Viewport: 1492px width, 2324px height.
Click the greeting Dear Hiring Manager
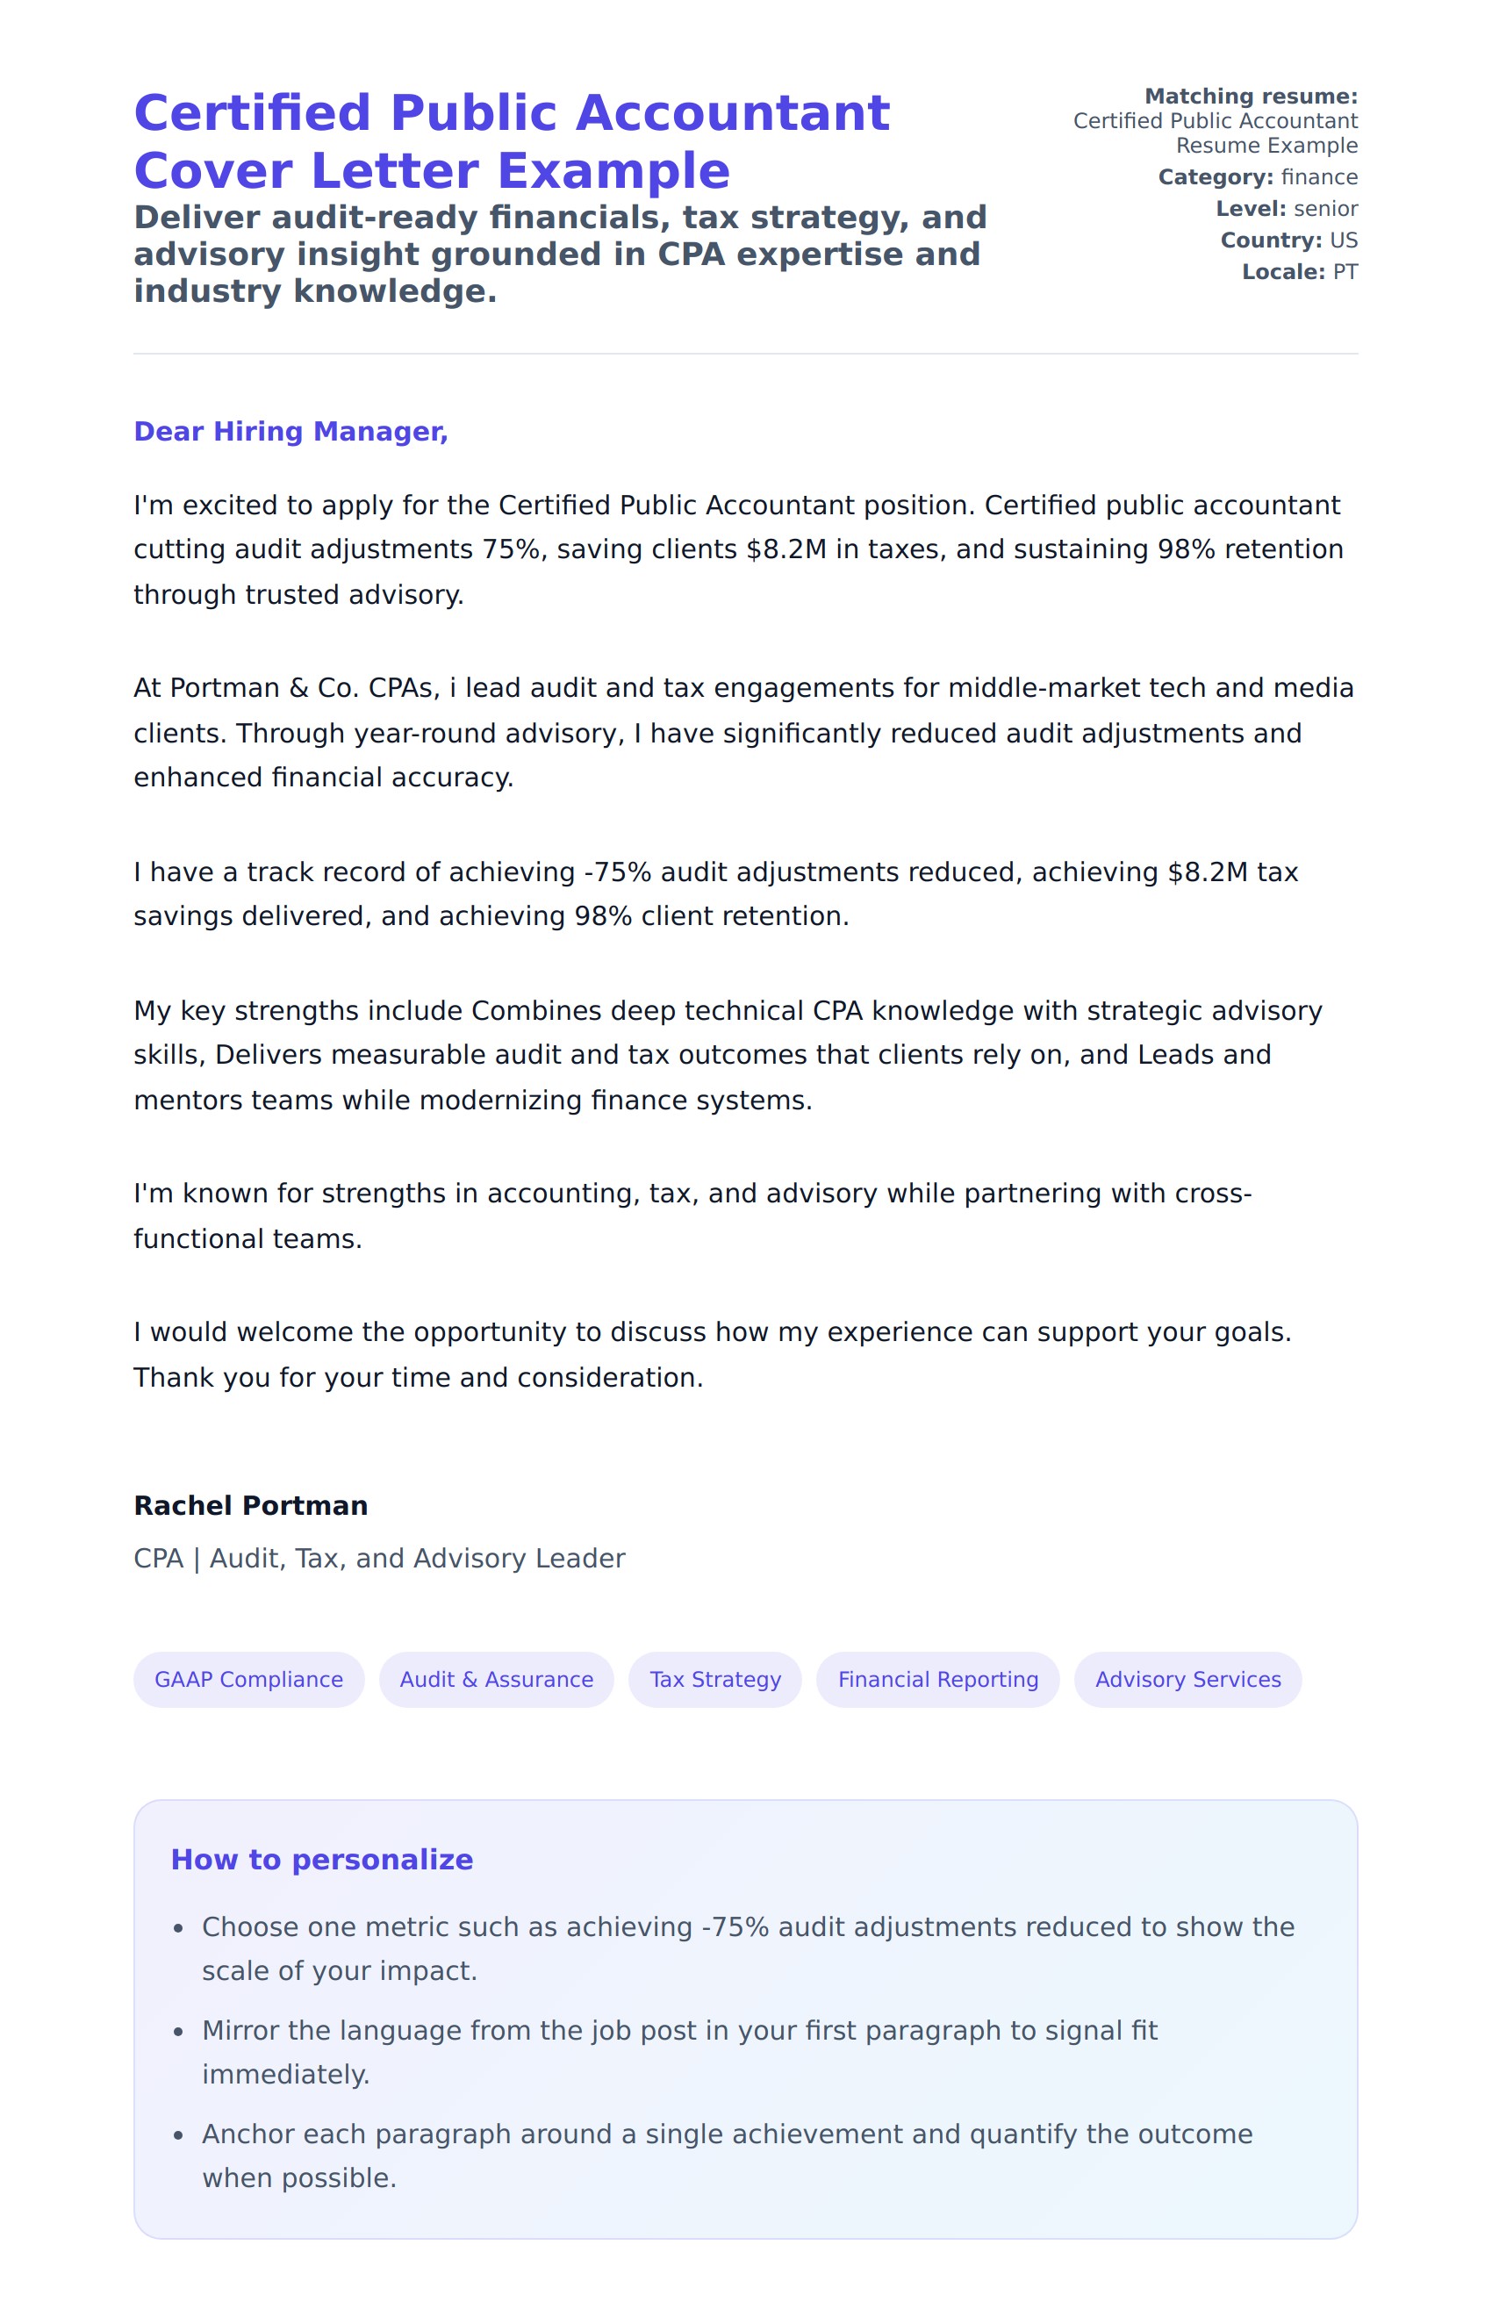(291, 431)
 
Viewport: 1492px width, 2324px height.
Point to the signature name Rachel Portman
(251, 1505)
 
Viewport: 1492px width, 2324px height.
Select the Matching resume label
(1251, 96)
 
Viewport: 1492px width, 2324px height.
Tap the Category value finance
(1318, 177)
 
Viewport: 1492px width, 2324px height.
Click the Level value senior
(1325, 208)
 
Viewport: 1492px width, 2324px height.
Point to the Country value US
(1343, 240)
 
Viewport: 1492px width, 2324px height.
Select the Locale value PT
(1345, 272)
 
